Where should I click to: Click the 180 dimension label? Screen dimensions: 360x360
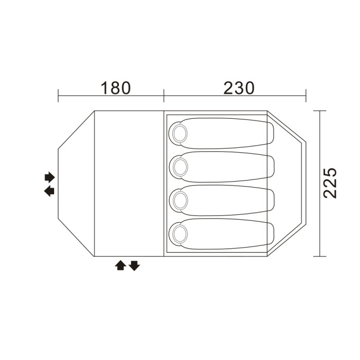tap(116, 88)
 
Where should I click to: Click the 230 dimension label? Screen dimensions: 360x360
tap(239, 88)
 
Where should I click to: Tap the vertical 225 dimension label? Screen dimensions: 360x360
tap(330, 183)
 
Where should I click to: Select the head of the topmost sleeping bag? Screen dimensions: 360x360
tap(180, 133)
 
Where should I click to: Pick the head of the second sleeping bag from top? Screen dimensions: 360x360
tap(180, 167)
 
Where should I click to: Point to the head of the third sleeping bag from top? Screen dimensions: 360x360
tap(180, 201)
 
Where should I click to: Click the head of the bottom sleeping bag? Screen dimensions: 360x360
tap(180, 234)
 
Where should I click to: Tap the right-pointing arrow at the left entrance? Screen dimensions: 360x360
tap(50, 177)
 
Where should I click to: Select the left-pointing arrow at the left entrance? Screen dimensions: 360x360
tap(49, 191)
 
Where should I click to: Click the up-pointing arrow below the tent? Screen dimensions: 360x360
tap(120, 265)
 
